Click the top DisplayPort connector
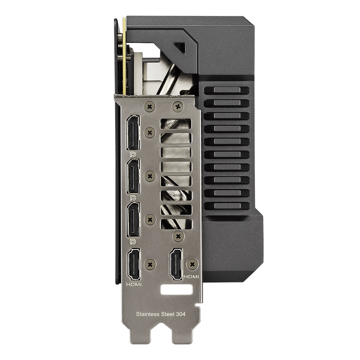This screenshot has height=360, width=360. tap(133, 132)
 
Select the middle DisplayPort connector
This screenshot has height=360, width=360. tap(133, 176)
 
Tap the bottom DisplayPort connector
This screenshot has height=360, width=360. tap(133, 220)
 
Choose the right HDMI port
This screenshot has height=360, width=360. tap(176, 264)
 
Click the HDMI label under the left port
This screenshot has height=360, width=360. tap(134, 284)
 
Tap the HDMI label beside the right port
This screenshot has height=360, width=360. tap(191, 277)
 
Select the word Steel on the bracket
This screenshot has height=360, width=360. tap(168, 314)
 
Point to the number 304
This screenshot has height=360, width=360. tap(181, 314)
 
